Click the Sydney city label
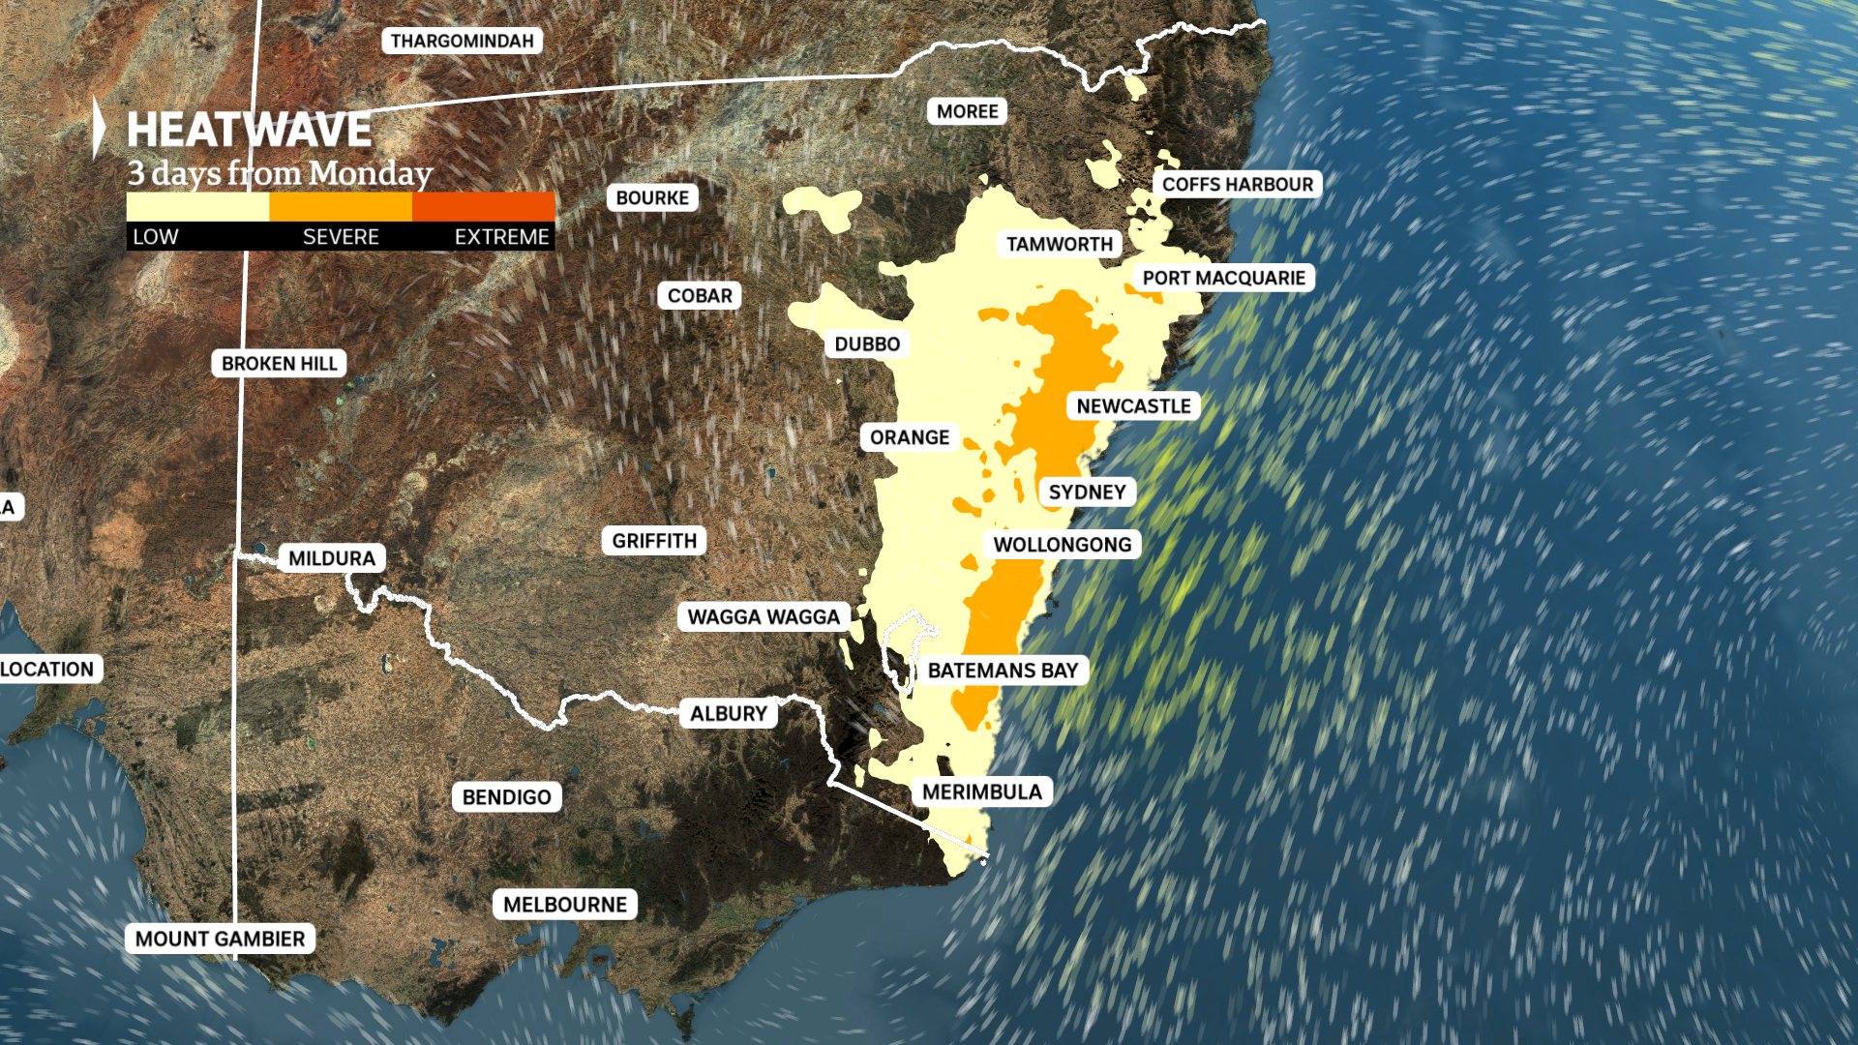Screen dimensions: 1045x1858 (x=1087, y=493)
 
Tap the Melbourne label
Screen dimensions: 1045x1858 (x=565, y=905)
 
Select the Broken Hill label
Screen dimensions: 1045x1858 (x=279, y=364)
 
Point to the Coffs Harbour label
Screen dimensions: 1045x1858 (x=1237, y=185)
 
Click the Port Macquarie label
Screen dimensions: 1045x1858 (x=1223, y=279)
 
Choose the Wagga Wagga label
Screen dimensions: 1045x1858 (x=764, y=617)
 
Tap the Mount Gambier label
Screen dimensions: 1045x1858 (x=220, y=939)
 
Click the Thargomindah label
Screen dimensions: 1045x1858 (x=462, y=41)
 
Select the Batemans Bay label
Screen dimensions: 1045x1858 (x=1003, y=671)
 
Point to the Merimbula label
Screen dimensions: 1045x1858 (x=981, y=792)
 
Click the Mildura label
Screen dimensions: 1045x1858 (x=332, y=558)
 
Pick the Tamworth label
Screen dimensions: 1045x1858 (x=1060, y=244)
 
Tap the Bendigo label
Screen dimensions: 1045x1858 (x=506, y=797)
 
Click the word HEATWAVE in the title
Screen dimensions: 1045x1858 (x=249, y=131)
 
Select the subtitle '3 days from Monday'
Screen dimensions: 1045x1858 (x=280, y=173)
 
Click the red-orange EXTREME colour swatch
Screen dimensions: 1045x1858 (x=483, y=207)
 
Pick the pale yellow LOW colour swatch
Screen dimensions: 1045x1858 (x=197, y=207)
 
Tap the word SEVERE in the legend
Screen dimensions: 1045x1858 (x=341, y=237)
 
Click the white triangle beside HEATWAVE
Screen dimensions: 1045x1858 (x=99, y=128)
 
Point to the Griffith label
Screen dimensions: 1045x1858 (x=654, y=541)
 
